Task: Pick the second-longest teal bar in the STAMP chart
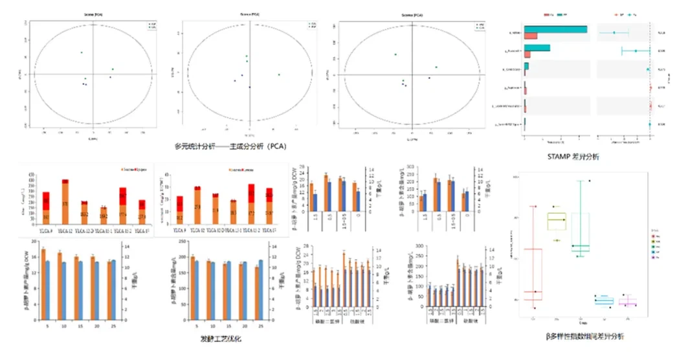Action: click(537, 49)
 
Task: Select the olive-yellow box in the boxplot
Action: click(556, 221)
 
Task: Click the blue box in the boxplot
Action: click(604, 301)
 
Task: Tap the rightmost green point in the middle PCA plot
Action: click(279, 74)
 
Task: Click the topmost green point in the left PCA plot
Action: click(82, 52)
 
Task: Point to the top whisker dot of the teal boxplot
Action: click(589, 181)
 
